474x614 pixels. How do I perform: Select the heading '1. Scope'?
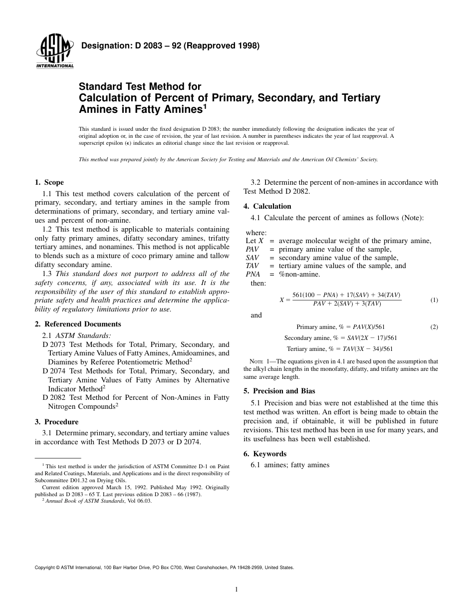pyautogui.click(x=49, y=183)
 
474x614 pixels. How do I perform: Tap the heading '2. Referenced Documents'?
pyautogui.click(x=78, y=324)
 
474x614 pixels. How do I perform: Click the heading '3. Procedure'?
pyautogui.click(x=56, y=422)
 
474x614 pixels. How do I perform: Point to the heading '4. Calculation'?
pyautogui.click(x=267, y=206)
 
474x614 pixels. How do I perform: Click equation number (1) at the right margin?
pyautogui.click(x=434, y=300)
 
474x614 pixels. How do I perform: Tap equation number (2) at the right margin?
pyautogui.click(x=434, y=327)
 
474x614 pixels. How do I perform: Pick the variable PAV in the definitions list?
pyautogui.click(x=252, y=249)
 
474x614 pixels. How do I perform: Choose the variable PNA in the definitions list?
pyautogui.click(x=253, y=274)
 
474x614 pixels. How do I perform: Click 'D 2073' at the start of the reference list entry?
pyautogui.click(x=52, y=344)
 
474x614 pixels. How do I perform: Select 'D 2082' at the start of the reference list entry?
pyautogui.click(x=52, y=397)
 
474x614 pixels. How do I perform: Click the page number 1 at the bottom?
pyautogui.click(x=237, y=590)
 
